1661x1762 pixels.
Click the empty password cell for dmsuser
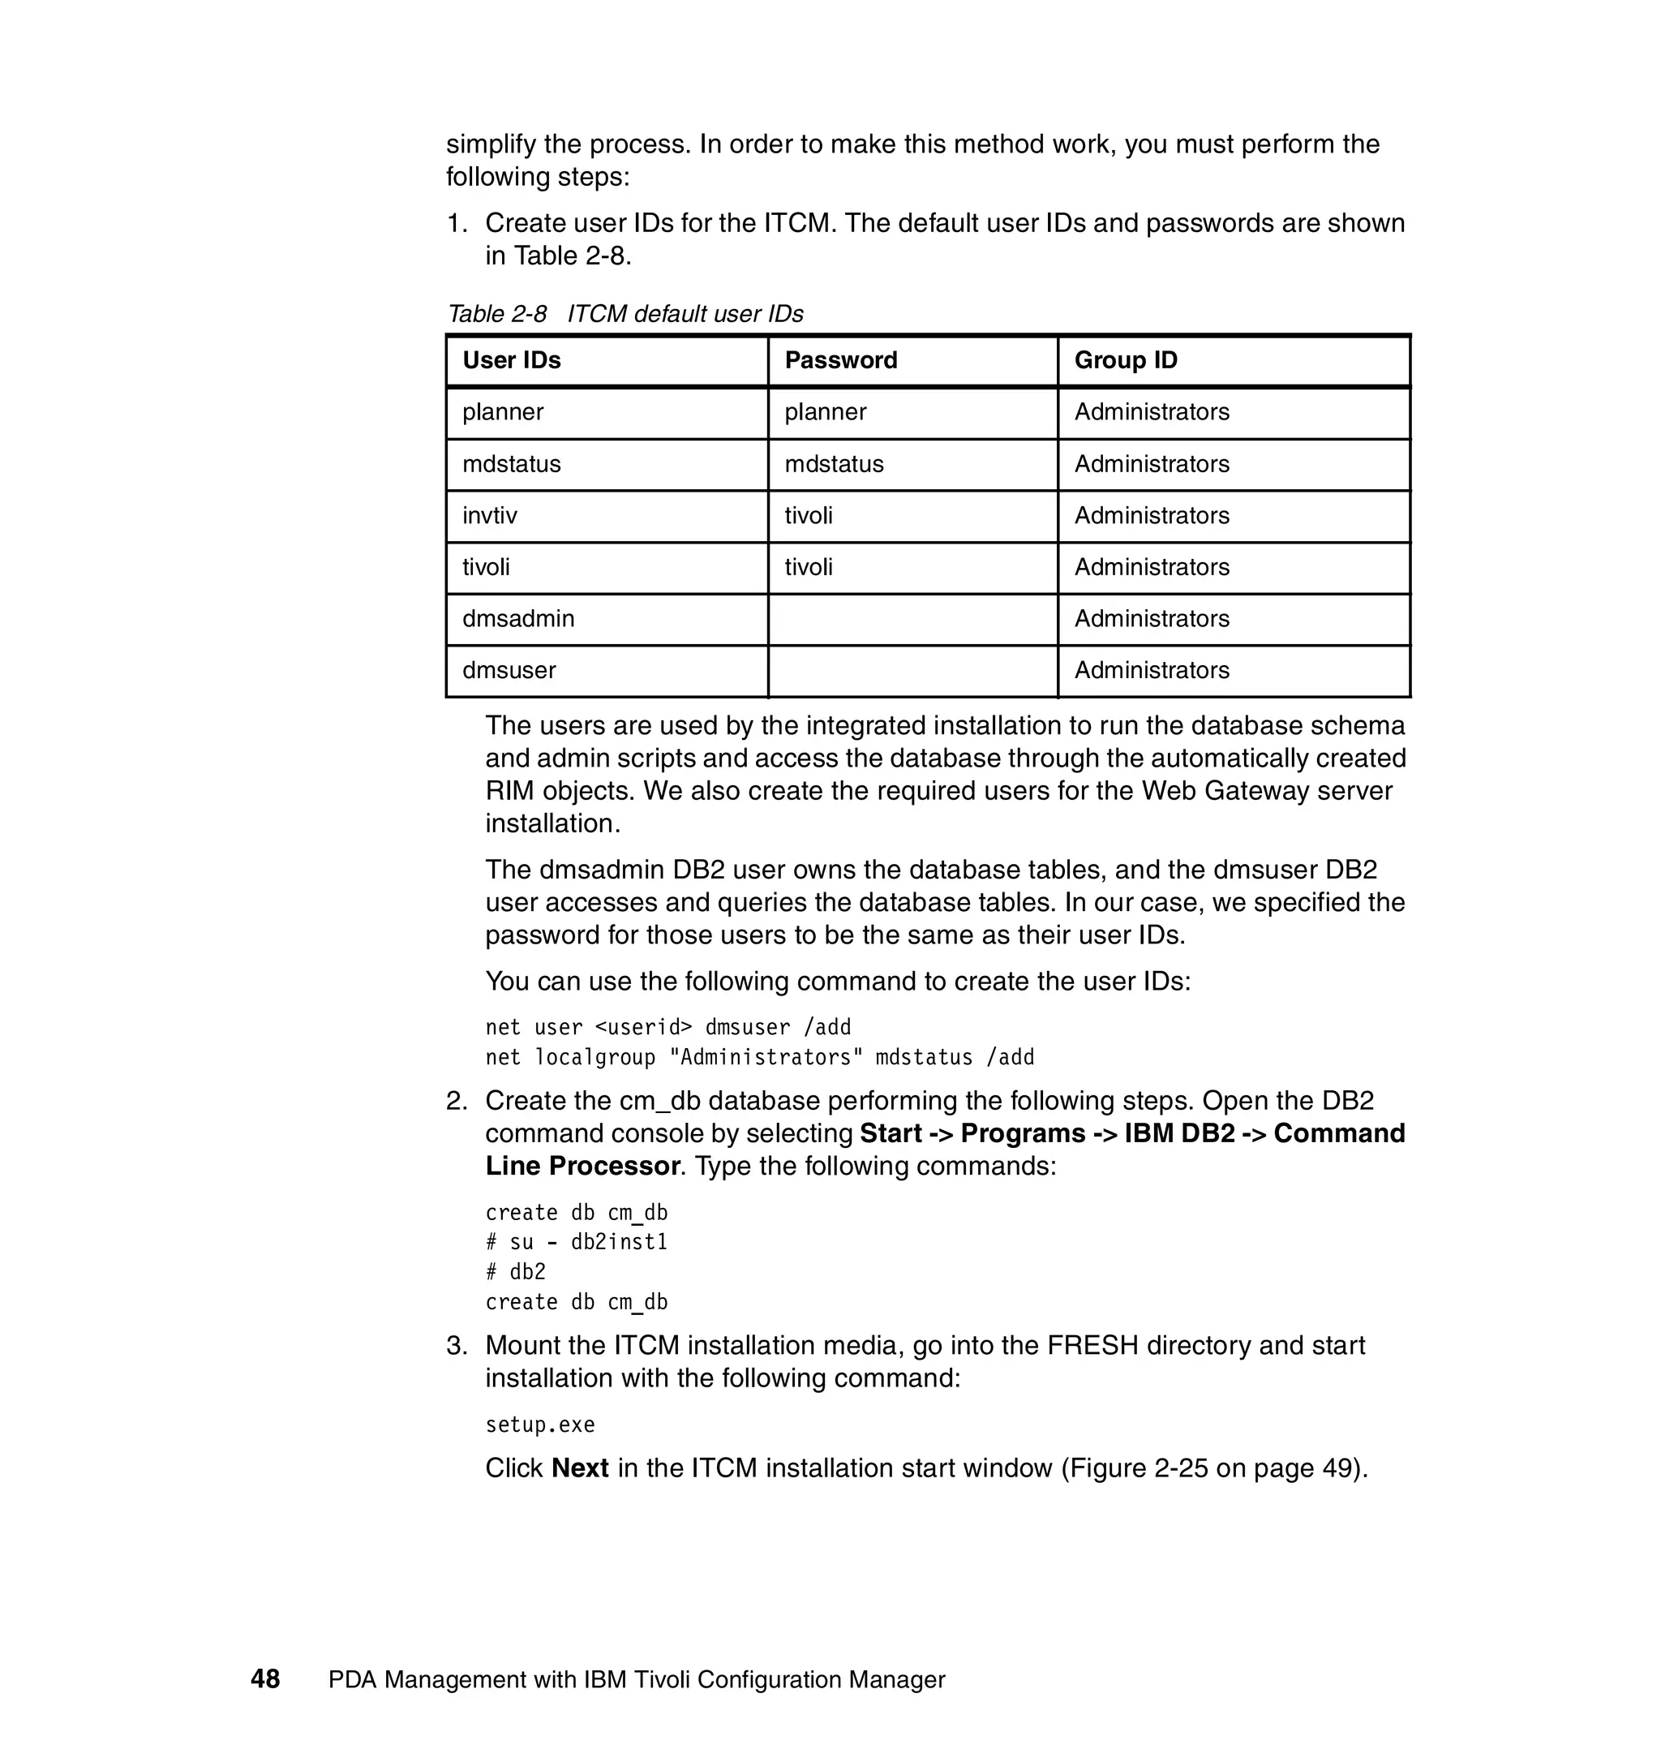[x=912, y=671]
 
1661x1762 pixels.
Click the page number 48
[x=265, y=1678]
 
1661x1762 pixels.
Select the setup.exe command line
[x=539, y=1425]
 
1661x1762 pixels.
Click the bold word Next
[x=579, y=1468]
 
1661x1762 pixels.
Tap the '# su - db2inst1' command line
[x=576, y=1243]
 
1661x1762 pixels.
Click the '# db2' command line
[x=516, y=1273]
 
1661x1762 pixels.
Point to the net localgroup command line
[x=759, y=1057]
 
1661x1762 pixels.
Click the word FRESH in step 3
[x=1092, y=1345]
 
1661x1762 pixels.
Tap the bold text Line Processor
[x=582, y=1167]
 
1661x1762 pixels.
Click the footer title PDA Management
[x=636, y=1679]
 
